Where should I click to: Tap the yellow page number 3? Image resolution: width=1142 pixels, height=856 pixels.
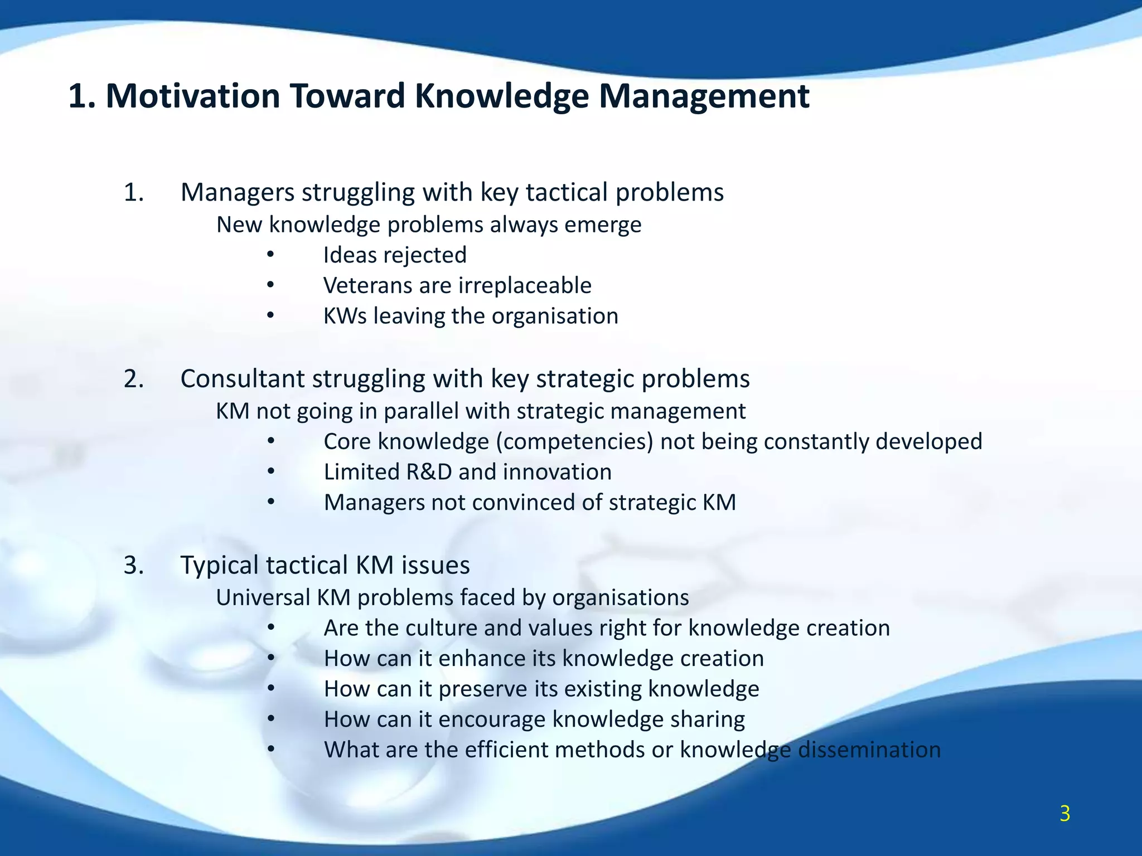(1064, 814)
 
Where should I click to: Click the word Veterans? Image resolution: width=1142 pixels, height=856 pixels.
(367, 285)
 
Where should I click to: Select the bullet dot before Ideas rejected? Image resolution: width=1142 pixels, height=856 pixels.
(270, 255)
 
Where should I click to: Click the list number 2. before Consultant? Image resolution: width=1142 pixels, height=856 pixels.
(134, 378)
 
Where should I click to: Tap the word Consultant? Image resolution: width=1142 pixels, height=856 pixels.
(242, 378)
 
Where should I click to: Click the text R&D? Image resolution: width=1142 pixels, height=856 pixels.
(428, 472)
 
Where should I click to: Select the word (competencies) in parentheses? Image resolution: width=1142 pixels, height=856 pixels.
(574, 442)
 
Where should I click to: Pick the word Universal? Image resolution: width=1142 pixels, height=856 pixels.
(263, 597)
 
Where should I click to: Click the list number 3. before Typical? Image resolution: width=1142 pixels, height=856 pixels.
(134, 565)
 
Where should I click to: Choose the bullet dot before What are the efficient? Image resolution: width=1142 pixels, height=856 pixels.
(270, 750)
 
